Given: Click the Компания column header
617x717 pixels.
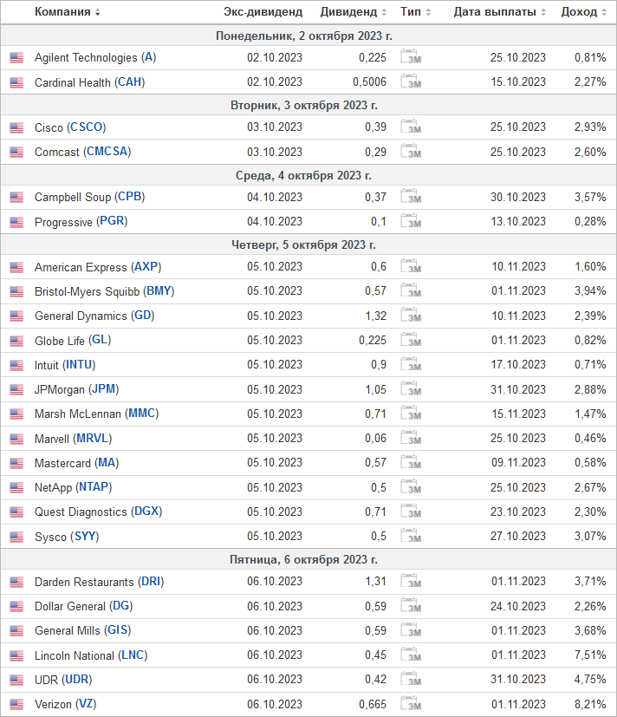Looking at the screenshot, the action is [62, 12].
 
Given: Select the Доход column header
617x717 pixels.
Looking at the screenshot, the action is [579, 12].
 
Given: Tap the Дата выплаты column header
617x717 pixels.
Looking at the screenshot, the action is [495, 12].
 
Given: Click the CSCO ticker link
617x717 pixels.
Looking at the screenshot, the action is [87, 127].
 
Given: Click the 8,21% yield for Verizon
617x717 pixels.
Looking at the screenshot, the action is [590, 704].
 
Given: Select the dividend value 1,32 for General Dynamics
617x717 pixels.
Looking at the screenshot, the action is [375, 316].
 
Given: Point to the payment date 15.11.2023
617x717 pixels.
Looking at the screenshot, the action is [518, 414].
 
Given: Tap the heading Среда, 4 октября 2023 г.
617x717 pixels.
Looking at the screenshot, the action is [303, 176].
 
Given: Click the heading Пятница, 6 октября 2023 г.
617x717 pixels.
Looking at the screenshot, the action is [303, 560].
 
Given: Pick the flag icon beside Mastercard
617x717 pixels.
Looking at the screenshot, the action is [16, 463].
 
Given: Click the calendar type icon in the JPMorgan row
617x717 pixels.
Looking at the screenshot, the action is [411, 389].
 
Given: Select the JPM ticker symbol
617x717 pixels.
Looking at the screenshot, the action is [104, 389].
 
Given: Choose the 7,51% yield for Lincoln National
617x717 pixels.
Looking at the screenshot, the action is [590, 655].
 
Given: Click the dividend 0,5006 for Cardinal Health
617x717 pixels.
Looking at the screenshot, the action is [369, 82].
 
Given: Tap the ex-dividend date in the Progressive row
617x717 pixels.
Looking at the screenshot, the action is [275, 222].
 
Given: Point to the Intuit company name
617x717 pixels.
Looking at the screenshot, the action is [47, 365].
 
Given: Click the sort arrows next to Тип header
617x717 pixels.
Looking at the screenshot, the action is [428, 12].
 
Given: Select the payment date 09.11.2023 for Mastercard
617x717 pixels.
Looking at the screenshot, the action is [518, 463].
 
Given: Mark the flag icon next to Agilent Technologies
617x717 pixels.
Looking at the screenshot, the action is [16, 57].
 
